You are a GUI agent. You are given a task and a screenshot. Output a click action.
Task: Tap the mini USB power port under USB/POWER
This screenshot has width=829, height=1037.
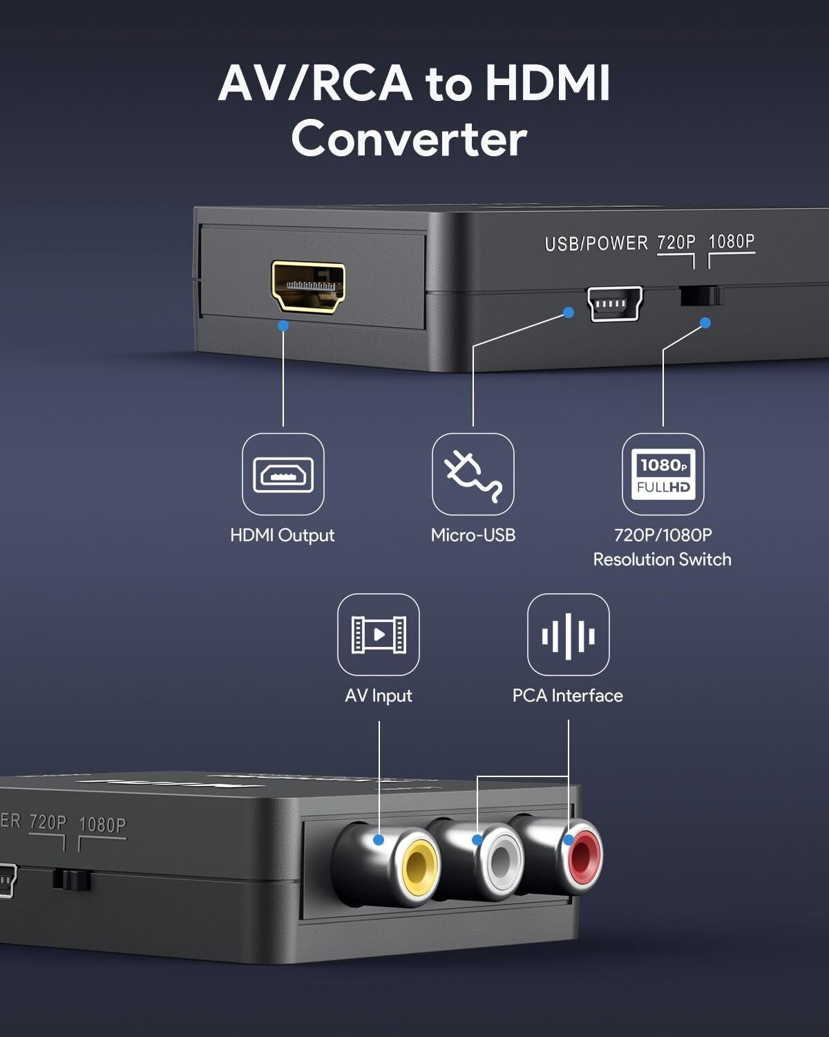pos(615,304)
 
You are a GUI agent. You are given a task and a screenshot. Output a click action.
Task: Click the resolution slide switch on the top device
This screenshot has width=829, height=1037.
pos(701,296)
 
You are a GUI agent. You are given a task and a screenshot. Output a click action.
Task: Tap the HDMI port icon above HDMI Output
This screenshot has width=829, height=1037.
pos(283,474)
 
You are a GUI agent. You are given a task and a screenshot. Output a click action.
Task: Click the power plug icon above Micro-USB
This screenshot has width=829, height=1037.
pos(473,474)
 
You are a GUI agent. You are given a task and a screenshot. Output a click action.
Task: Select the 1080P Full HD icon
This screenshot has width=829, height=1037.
pos(663,474)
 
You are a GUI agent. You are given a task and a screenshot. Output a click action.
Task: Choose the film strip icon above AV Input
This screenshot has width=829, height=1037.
pos(379,635)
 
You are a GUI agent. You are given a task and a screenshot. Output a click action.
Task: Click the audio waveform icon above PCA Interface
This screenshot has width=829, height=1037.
pos(569,635)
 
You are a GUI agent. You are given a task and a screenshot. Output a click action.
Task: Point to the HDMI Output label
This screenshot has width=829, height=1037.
pos(282,535)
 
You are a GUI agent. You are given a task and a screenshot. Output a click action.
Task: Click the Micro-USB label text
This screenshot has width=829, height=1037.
pos(473,535)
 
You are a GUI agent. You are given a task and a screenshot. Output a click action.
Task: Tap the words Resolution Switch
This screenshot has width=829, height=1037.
pos(662,559)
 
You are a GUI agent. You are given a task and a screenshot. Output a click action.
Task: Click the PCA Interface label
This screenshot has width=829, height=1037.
pos(568,695)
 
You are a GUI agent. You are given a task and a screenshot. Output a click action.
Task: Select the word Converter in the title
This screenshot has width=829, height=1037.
pos(409,138)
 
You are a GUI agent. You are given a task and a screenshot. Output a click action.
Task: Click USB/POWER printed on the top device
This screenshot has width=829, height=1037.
pos(596,243)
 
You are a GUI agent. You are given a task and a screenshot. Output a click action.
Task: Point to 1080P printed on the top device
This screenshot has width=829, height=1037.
pos(732,241)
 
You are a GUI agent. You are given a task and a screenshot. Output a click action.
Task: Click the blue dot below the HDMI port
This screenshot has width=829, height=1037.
pos(283,325)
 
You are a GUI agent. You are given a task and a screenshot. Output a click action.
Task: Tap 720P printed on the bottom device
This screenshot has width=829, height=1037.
pos(48,823)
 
